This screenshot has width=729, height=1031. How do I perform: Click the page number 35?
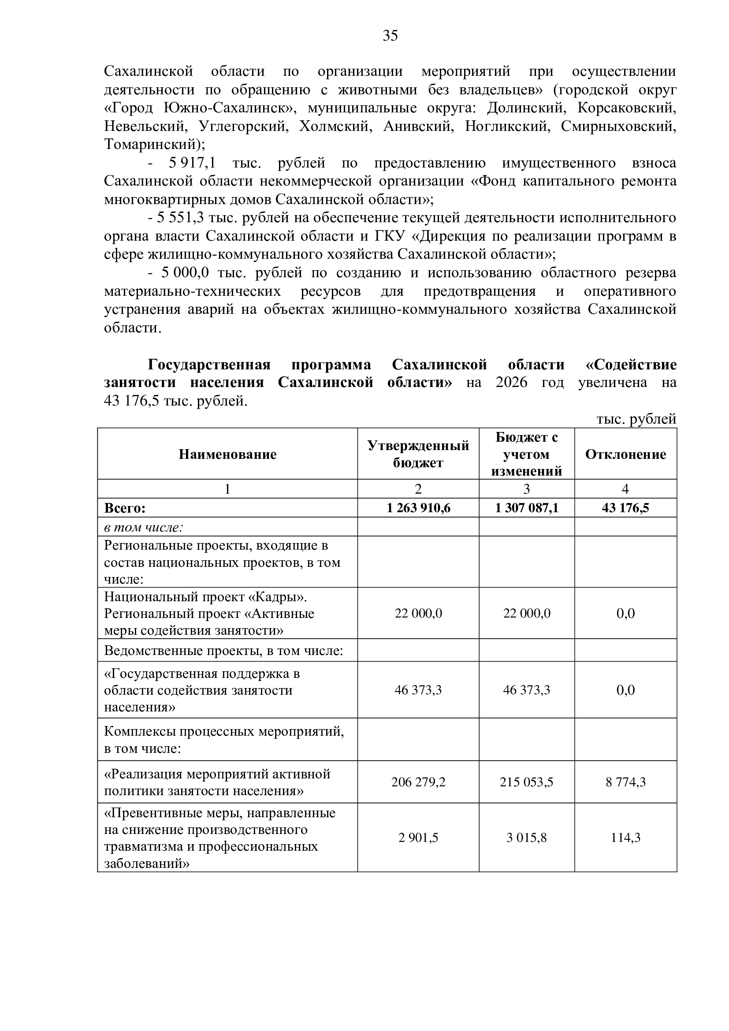pos(390,35)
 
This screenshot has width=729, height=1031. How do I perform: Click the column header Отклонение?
pos(625,454)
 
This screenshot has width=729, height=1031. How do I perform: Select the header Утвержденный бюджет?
pos(418,454)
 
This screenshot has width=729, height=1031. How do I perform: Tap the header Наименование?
pos(227,454)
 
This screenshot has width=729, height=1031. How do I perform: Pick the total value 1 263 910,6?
pos(418,508)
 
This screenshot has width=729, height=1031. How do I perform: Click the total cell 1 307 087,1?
pos(527,508)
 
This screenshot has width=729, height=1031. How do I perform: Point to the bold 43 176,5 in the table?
pos(625,508)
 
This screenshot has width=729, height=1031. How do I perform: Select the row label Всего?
pos(125,508)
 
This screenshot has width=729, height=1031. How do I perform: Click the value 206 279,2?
pos(418,782)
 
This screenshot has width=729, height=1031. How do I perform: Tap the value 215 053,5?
pos(527,782)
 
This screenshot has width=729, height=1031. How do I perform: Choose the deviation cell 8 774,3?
pos(625,782)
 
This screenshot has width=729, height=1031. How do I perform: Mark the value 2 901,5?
pos(418,837)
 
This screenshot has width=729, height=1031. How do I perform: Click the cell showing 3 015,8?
pos(527,837)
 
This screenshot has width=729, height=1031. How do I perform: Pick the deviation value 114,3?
pos(625,837)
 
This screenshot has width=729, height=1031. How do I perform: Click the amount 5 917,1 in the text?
pos(186,163)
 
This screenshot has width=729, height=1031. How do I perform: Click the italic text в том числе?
pos(144,527)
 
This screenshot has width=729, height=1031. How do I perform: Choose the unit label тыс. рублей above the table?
pos(636,419)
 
